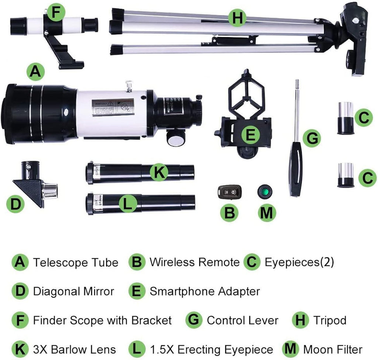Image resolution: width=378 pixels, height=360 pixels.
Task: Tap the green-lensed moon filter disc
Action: [x=265, y=192]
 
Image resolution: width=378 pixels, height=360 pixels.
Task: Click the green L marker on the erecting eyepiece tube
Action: [x=127, y=203]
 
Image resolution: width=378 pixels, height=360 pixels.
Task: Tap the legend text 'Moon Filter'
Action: [x=333, y=349]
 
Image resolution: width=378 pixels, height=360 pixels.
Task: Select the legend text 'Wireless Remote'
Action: [x=194, y=262]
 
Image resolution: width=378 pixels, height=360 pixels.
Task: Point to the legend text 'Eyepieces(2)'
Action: [x=299, y=262]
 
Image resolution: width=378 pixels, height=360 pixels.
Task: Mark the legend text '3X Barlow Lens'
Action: [x=74, y=349]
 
